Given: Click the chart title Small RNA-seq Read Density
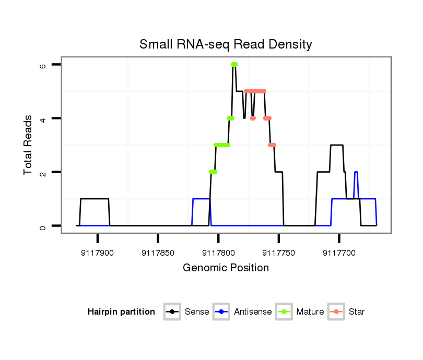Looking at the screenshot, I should coord(226,44).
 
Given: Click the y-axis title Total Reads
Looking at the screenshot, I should coord(28,145).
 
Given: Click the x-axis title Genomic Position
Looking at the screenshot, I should coord(226,268).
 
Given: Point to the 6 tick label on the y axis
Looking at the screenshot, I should coord(43,65).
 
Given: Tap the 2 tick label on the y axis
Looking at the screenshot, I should coord(43,172).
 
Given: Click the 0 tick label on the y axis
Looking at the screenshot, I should coord(43,226).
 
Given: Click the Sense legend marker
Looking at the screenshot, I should coord(172,312).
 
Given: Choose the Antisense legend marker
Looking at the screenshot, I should coord(221,312).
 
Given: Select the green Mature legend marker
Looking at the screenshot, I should coord(284,312).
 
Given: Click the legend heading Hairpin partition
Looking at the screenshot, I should coord(121,312).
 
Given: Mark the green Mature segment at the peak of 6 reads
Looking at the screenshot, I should coord(234,64).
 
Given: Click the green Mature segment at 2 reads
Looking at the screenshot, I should coord(213,172).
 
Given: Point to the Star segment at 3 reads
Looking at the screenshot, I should coord(272,145).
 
